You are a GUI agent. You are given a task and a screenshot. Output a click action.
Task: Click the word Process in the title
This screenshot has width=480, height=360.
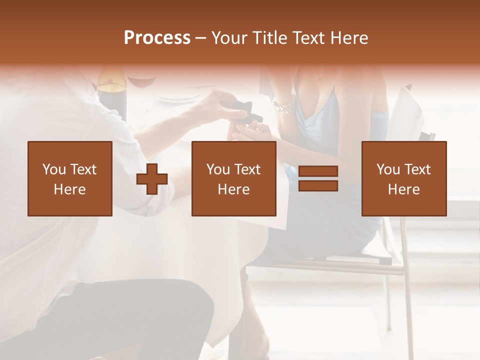[157, 38]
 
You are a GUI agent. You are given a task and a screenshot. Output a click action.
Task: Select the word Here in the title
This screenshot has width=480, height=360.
[348, 38]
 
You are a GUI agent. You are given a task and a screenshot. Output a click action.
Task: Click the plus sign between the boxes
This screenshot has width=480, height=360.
[152, 179]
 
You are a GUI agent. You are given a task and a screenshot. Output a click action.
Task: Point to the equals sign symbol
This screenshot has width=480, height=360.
[318, 178]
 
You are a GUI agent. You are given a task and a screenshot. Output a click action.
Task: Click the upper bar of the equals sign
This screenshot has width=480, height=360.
[318, 171]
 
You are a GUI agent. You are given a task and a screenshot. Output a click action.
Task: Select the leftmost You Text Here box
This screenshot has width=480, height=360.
[70, 178]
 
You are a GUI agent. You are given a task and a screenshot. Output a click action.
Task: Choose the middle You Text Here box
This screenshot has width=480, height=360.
[233, 178]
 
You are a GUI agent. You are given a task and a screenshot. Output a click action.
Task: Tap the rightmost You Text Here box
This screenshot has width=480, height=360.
[403, 178]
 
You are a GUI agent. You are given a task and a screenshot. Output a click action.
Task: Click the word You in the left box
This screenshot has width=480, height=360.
[54, 169]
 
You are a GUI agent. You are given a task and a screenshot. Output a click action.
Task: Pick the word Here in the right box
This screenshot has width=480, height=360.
[403, 189]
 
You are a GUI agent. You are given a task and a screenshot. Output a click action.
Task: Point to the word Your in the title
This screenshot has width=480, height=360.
[228, 38]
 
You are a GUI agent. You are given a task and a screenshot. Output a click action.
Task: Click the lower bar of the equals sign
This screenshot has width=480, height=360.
[318, 186]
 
